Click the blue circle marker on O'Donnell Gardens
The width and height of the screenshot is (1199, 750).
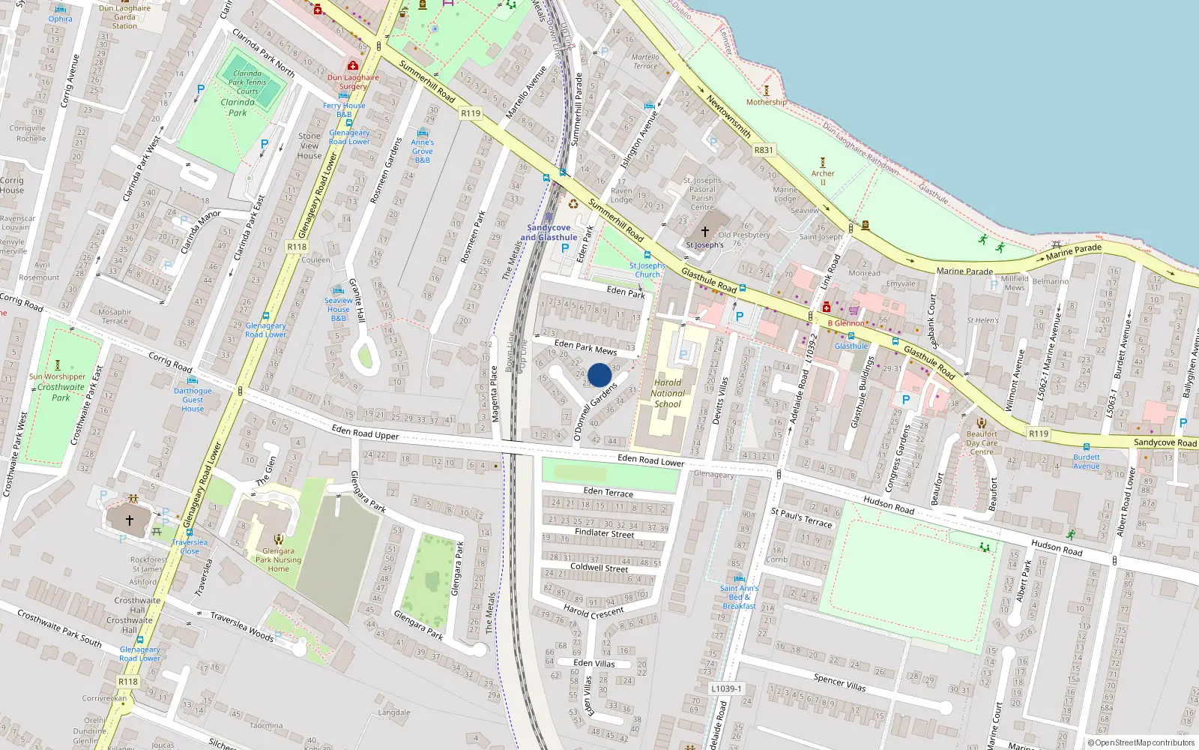599,375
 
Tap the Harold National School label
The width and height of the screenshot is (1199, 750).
667,393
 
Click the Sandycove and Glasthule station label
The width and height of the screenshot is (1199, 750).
549,232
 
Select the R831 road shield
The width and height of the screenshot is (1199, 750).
764,150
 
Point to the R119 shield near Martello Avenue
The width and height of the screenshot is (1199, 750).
471,113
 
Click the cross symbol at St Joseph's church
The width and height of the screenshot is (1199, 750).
704,232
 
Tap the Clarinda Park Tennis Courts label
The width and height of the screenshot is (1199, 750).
247,82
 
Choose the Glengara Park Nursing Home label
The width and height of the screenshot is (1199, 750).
278,559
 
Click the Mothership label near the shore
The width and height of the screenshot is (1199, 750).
767,102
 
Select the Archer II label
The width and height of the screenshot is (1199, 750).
823,177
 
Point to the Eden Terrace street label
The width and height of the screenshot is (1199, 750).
608,492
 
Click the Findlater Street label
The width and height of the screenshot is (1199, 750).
604,533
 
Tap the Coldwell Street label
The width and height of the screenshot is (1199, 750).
599,568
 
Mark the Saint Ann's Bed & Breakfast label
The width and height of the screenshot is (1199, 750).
739,597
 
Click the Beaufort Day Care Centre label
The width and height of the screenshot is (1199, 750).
982,442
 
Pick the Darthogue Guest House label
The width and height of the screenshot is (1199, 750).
193,400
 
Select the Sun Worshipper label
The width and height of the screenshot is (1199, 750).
58,376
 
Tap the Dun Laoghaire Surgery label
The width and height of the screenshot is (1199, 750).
353,81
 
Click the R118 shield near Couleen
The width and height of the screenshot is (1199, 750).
297,247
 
